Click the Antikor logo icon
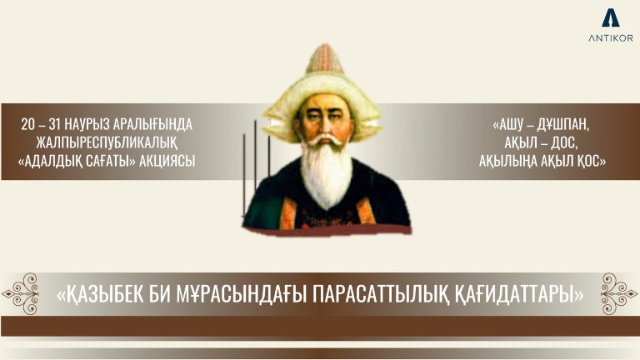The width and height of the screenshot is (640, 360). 610,18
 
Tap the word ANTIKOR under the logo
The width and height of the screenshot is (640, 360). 611,38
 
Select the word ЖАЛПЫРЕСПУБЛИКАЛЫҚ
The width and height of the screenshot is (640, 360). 107,142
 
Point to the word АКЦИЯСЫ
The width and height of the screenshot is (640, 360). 167,161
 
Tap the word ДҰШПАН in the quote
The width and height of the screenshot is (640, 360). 562,125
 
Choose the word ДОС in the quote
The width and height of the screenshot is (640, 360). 564,142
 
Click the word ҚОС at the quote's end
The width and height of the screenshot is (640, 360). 592,161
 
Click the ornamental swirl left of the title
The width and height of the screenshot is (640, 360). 20,293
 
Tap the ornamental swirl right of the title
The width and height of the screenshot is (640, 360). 618,293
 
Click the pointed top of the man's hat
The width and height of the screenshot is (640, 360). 324,46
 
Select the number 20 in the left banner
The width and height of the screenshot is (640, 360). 28,125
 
